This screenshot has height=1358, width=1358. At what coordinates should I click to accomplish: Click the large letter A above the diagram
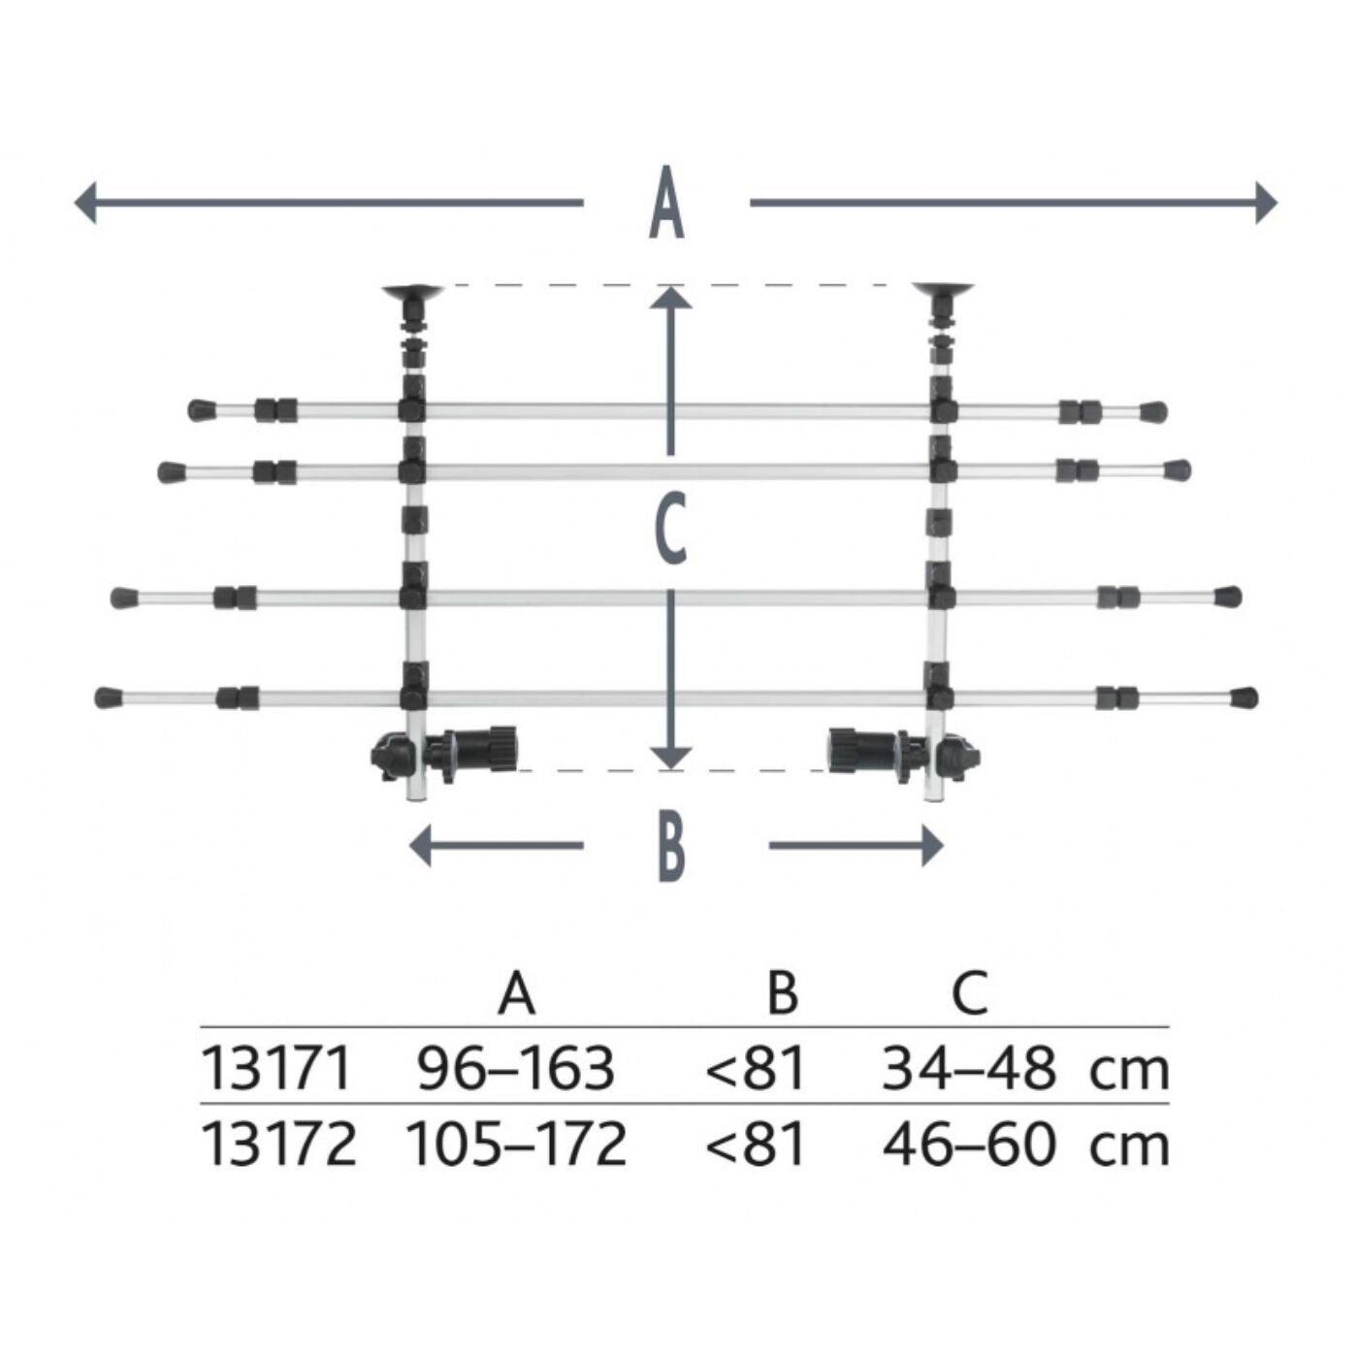pyautogui.click(x=666, y=203)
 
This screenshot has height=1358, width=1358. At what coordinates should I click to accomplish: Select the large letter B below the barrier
pyautogui.click(x=671, y=846)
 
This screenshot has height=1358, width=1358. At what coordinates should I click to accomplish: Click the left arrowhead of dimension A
pyautogui.click(x=85, y=203)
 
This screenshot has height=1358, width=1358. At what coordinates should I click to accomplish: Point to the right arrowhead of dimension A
pyautogui.click(x=1266, y=203)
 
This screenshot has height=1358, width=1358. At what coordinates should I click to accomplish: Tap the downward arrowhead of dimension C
pyautogui.click(x=670, y=758)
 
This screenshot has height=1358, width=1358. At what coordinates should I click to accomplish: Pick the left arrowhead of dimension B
pyautogui.click(x=420, y=846)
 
